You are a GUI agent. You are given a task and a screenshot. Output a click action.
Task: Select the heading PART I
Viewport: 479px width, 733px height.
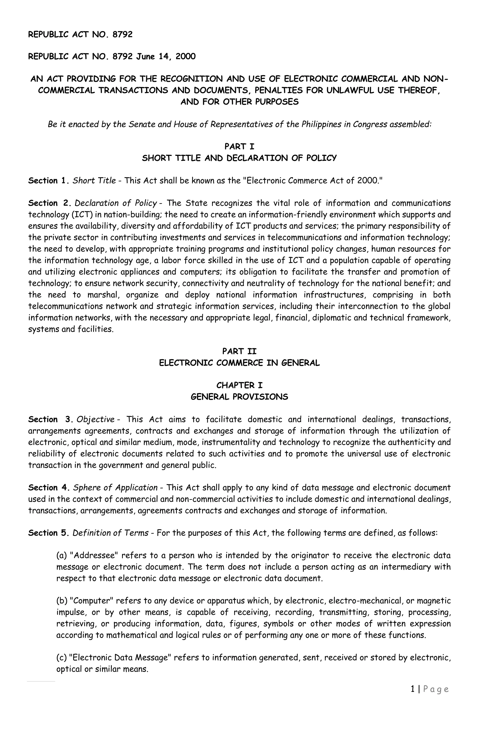(239, 146)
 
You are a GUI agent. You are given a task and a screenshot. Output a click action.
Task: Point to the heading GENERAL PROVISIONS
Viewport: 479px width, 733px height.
(239, 397)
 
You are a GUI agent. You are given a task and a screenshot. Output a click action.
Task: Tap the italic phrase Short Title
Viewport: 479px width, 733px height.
(94, 180)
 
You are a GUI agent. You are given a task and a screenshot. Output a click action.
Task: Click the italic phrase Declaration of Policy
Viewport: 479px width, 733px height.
(116, 203)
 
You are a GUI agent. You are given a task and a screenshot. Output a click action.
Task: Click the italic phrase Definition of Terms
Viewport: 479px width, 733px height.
(111, 533)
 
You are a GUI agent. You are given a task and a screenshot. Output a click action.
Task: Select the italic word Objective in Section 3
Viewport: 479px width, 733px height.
(95, 419)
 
